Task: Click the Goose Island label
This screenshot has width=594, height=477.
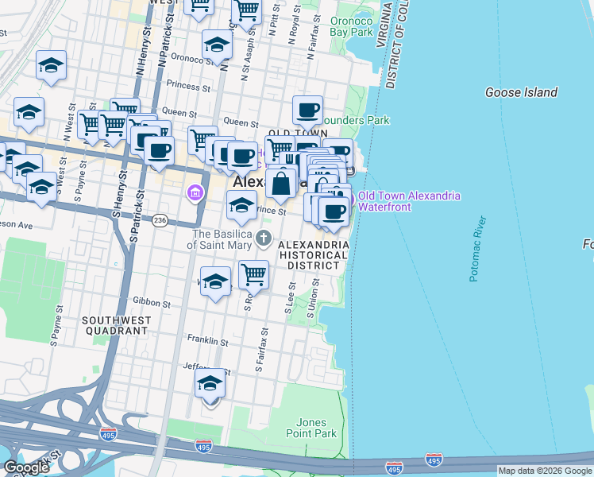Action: [x=521, y=93]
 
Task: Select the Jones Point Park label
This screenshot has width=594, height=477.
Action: [x=310, y=428]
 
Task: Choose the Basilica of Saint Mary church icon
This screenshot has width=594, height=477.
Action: [x=264, y=238]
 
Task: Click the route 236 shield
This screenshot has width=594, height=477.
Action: [x=160, y=219]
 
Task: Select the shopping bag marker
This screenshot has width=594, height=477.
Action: [x=281, y=184]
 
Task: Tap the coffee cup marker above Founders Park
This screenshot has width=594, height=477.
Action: [x=307, y=110]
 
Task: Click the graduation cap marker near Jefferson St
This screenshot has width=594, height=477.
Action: [x=210, y=384]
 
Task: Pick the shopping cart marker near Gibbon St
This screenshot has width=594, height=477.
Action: [x=253, y=275]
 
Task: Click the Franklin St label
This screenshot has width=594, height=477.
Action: [x=207, y=342]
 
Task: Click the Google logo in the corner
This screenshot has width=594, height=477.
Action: [x=26, y=467]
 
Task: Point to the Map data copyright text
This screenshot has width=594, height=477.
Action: [x=545, y=471]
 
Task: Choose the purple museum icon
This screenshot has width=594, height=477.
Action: [x=195, y=192]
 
